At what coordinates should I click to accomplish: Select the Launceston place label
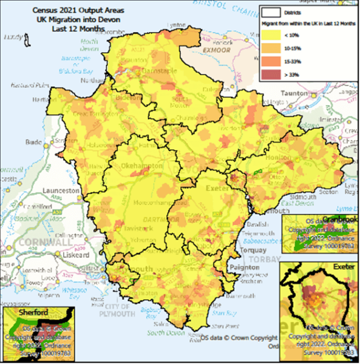point(60,190)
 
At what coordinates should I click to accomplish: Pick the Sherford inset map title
point(18,313)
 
